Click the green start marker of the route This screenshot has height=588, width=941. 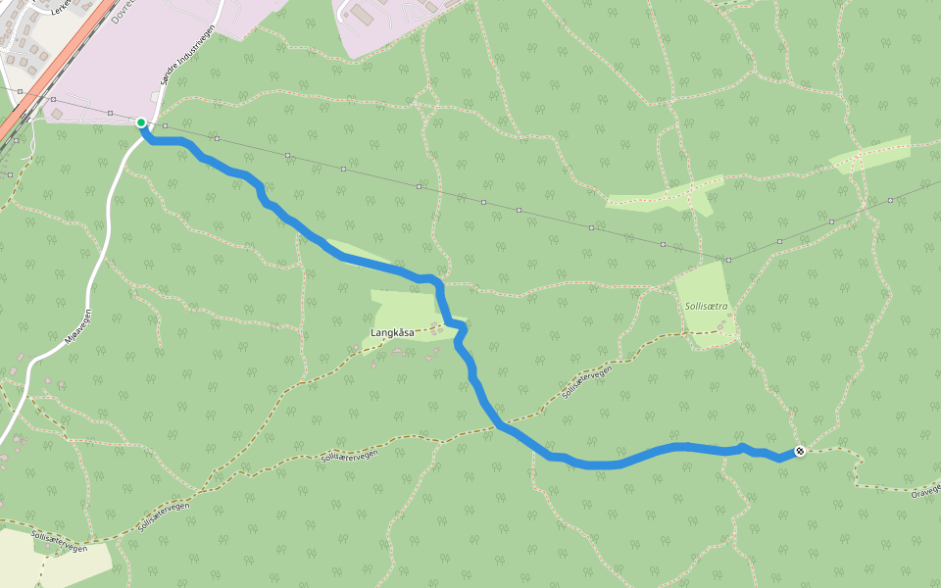point(141,122)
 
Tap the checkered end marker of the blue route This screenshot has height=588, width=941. point(800,451)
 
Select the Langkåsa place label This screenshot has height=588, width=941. point(392,333)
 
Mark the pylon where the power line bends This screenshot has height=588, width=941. point(728,260)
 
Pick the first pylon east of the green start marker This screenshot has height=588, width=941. point(166,126)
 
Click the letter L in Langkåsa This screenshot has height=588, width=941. point(375,333)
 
